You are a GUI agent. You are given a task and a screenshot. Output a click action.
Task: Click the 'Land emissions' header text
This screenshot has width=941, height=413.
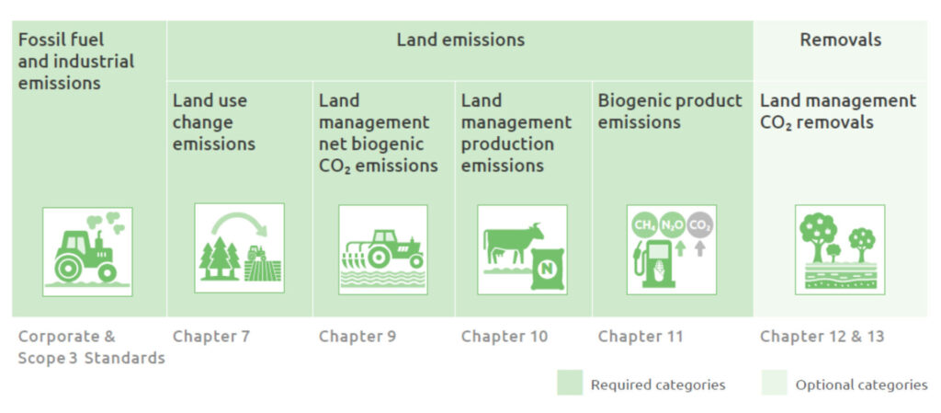point(460,40)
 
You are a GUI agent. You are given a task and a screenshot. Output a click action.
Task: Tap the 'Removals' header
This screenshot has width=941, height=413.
point(840,40)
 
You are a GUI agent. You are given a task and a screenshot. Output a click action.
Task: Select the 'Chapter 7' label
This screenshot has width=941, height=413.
point(211,336)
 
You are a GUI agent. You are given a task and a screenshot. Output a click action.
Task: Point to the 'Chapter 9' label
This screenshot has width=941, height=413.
point(357,336)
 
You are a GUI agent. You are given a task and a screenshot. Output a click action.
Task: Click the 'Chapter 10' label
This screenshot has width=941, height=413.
point(505,336)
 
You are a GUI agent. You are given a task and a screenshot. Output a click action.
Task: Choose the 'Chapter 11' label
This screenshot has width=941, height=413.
point(641,336)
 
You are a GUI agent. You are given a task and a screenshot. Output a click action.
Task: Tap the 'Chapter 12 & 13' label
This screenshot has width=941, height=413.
point(822,336)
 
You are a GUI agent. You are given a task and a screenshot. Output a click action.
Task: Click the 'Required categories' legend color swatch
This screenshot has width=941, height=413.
point(570,383)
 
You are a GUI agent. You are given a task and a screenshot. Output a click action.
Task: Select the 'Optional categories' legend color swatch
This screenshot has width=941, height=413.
point(774,383)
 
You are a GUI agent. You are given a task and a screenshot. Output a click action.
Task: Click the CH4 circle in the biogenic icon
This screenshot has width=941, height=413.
point(644,225)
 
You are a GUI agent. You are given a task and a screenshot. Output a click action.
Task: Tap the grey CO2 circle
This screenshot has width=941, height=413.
point(699,225)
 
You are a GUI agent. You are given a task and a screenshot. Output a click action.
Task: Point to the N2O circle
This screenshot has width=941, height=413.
point(672,225)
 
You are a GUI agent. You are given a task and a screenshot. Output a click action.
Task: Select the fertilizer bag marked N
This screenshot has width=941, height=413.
point(548,269)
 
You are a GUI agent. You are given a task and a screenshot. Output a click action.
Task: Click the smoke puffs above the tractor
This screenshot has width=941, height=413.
point(106,222)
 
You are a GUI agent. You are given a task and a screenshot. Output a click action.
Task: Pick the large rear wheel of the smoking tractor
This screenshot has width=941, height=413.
point(68,268)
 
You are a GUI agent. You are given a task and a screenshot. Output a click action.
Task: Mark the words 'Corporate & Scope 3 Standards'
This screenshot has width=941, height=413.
point(91,347)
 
